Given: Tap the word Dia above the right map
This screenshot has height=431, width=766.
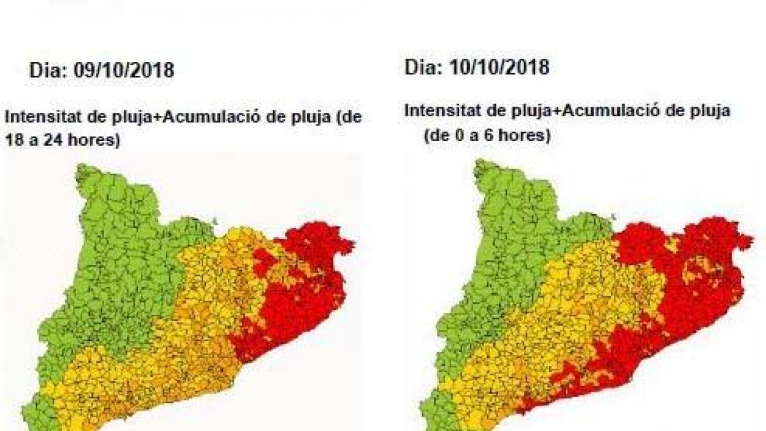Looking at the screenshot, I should (421, 67).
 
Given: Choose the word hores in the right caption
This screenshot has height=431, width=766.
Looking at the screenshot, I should (527, 136).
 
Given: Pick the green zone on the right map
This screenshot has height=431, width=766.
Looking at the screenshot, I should (511, 243).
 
